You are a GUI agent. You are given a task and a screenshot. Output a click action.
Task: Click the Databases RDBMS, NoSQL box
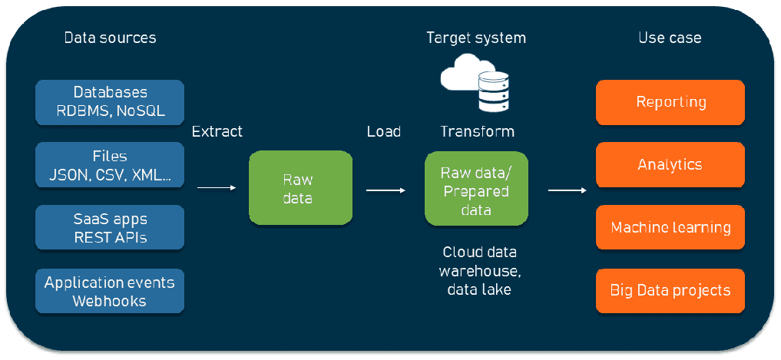[110, 101]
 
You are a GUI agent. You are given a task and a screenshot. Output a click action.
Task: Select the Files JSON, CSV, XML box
[110, 165]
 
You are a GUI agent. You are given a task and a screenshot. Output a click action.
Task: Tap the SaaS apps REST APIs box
[110, 227]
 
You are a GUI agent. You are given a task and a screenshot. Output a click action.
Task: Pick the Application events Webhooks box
[110, 291]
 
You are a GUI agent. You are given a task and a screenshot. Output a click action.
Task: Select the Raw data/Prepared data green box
[476, 188]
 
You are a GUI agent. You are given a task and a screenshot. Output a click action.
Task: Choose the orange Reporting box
[670, 102]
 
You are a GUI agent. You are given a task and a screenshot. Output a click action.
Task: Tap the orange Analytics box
[670, 165]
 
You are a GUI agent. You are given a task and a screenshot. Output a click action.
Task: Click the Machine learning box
[670, 227]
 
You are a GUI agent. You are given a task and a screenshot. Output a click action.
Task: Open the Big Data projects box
[670, 291]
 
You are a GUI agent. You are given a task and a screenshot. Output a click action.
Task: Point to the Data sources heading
[110, 38]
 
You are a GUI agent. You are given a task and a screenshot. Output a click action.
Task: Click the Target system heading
[476, 38]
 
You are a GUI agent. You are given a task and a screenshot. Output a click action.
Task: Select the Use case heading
[670, 38]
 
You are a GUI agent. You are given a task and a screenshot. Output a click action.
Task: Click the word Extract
[217, 131]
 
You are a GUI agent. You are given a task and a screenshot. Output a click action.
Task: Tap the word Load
[383, 131]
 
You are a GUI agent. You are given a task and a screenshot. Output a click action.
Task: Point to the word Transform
[477, 131]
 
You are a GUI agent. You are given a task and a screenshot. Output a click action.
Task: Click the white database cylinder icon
[494, 91]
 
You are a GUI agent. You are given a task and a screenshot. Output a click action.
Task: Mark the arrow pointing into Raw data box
[218, 187]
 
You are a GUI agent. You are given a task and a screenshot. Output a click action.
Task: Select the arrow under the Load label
[386, 190]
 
